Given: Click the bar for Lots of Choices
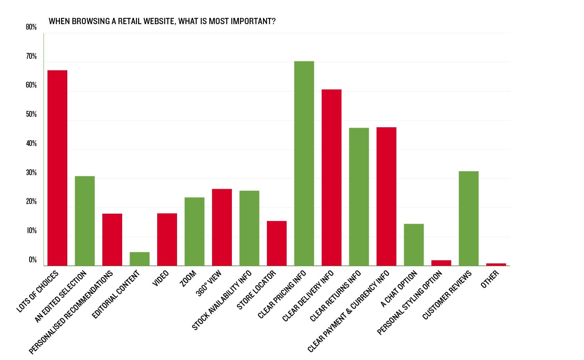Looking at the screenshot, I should click(x=57, y=168).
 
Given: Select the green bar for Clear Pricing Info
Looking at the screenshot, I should click(x=304, y=163).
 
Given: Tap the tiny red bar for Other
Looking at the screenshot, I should click(x=496, y=265).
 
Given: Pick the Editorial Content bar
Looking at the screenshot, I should click(x=140, y=259).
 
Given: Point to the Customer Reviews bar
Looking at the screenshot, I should click(x=468, y=218).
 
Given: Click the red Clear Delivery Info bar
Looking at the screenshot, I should click(x=331, y=177).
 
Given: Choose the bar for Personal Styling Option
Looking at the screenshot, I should click(x=441, y=263).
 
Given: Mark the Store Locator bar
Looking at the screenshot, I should click(x=277, y=243).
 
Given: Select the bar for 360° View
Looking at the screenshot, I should click(x=222, y=227).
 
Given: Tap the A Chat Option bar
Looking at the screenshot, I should click(x=414, y=245).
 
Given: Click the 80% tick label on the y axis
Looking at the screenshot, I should click(x=31, y=27).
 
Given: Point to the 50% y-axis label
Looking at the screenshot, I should click(x=31, y=114).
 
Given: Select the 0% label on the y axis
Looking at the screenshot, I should click(x=33, y=260).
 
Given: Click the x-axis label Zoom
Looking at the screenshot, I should click(x=188, y=279).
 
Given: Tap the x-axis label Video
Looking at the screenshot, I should click(x=161, y=278).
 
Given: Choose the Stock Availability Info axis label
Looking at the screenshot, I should click(x=222, y=300).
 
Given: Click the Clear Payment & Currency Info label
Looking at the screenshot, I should click(x=349, y=311).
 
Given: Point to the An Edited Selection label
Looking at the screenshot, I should click(x=61, y=297).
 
